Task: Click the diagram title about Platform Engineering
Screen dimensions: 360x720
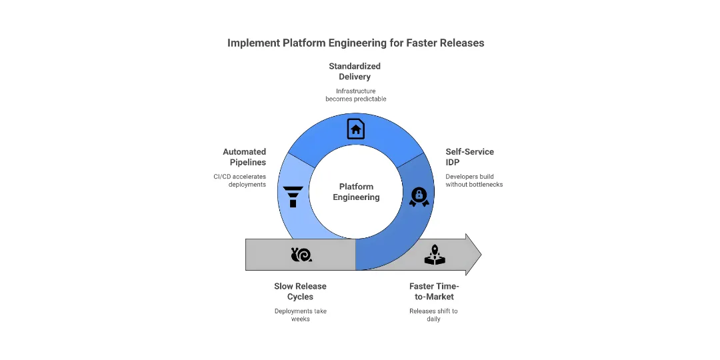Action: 355,43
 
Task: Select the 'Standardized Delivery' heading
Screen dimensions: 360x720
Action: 354,71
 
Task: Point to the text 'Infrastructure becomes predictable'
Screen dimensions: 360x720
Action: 355,95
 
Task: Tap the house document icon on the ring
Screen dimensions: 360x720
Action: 356,128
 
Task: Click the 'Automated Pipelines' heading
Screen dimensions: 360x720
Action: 244,157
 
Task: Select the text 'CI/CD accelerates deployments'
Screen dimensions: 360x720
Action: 239,180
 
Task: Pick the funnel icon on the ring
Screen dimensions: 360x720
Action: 293,197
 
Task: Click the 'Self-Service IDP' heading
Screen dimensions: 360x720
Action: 469,157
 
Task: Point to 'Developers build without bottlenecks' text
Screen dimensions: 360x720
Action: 474,180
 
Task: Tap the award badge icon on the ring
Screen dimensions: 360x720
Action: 419,197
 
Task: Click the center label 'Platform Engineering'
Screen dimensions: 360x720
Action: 356,192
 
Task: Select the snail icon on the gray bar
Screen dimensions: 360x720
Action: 301,254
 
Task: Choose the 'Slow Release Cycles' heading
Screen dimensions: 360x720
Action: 300,291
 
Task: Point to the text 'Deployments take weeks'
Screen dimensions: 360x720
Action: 300,315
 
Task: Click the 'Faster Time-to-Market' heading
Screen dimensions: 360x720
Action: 433,291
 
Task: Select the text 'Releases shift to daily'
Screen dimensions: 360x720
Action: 433,315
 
